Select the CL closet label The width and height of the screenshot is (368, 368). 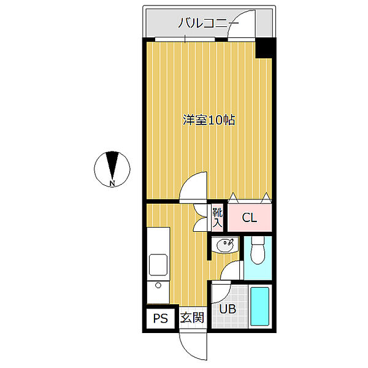[x=249, y=218]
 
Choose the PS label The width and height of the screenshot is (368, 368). [x=161, y=318]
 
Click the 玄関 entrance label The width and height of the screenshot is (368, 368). [x=192, y=318]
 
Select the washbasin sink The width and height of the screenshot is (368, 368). [x=225, y=245]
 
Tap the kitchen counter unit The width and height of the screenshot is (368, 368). [x=158, y=264]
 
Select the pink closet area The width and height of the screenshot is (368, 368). [x=249, y=217]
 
